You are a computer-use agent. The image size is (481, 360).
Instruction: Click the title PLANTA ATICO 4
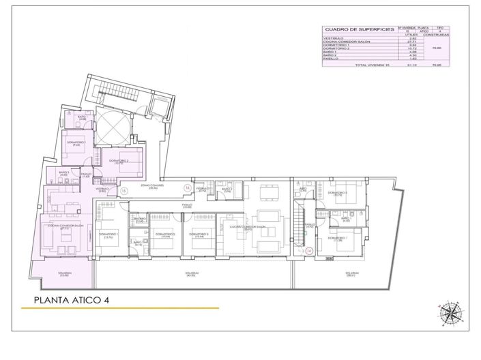tap(72, 299)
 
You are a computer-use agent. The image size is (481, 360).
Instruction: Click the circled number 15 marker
tap(123, 191)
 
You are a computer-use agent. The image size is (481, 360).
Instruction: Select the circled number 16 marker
tap(187, 187)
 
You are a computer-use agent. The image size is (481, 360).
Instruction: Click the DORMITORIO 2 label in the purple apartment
tap(117, 162)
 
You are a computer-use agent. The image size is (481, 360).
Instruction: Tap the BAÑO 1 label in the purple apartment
tap(82, 118)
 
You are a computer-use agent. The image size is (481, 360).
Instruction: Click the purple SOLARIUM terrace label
tap(64, 274)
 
